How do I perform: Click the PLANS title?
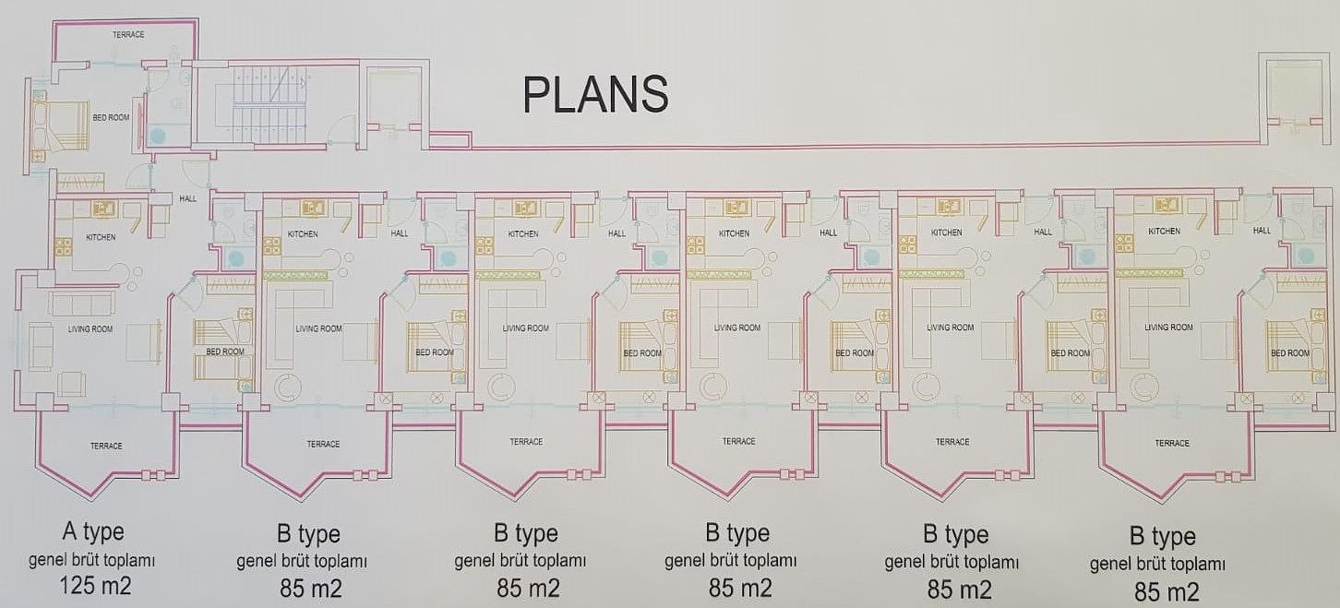pos(594,94)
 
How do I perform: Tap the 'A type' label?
pos(92,531)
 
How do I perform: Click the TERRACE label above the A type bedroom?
pos(128,35)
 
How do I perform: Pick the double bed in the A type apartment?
pos(61,127)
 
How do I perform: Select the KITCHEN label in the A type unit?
pos(102,238)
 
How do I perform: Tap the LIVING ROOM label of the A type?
pos(90,328)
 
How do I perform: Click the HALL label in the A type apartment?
pos(188,198)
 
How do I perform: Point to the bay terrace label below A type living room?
pos(106,447)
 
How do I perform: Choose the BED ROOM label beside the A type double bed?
pos(111,118)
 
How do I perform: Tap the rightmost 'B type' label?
pos(1162,536)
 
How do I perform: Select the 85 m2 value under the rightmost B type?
pos(1166,590)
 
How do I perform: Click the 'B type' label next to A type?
pos(308,534)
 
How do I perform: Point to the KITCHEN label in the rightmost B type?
pos(1164,232)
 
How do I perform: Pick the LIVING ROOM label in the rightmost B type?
pos(1167,327)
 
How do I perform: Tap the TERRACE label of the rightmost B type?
pos(1172,444)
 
